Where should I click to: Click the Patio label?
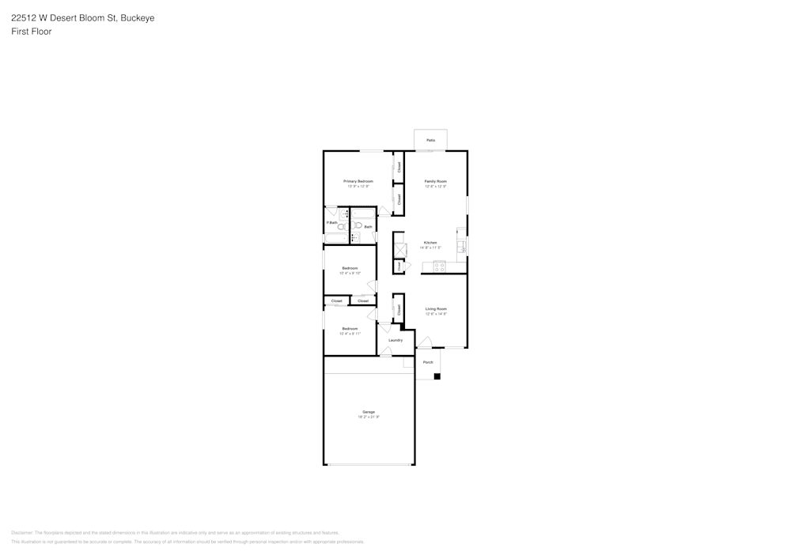point(430,140)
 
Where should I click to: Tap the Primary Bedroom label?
point(358,181)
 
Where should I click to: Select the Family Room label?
point(436,181)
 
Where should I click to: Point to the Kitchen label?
point(430,243)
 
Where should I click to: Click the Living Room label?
point(436,308)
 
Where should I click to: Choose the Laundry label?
point(395,340)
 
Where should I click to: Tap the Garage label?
point(369,412)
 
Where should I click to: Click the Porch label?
point(428,362)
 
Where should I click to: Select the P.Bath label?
point(332,223)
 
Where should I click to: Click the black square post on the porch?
point(437,376)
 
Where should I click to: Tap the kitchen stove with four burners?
point(439,266)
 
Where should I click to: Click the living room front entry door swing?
point(424,343)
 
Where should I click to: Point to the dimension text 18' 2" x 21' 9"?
point(369,417)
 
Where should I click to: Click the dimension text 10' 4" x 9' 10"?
point(350,274)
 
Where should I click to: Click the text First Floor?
point(32,32)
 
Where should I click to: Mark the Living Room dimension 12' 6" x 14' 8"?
point(436,314)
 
